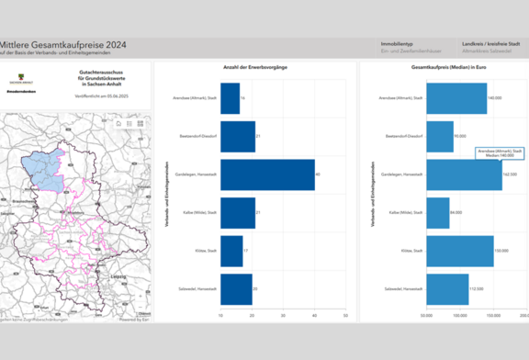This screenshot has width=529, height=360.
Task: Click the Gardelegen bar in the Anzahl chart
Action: pos(267,174)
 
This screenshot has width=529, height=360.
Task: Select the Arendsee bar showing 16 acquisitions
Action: pos(230,97)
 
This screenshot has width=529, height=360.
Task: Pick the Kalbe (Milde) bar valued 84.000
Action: pos(438,212)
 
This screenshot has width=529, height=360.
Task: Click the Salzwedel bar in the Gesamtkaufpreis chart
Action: pos(447,289)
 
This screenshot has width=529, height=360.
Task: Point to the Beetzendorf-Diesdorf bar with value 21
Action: pos(238,136)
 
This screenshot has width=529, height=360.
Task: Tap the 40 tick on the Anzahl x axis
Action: pos(315,315)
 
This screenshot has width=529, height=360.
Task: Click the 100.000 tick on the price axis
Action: pos(460,315)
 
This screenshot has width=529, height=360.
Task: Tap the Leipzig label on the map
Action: pos(118,275)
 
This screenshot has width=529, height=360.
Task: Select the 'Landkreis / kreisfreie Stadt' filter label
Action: pos(493,43)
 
